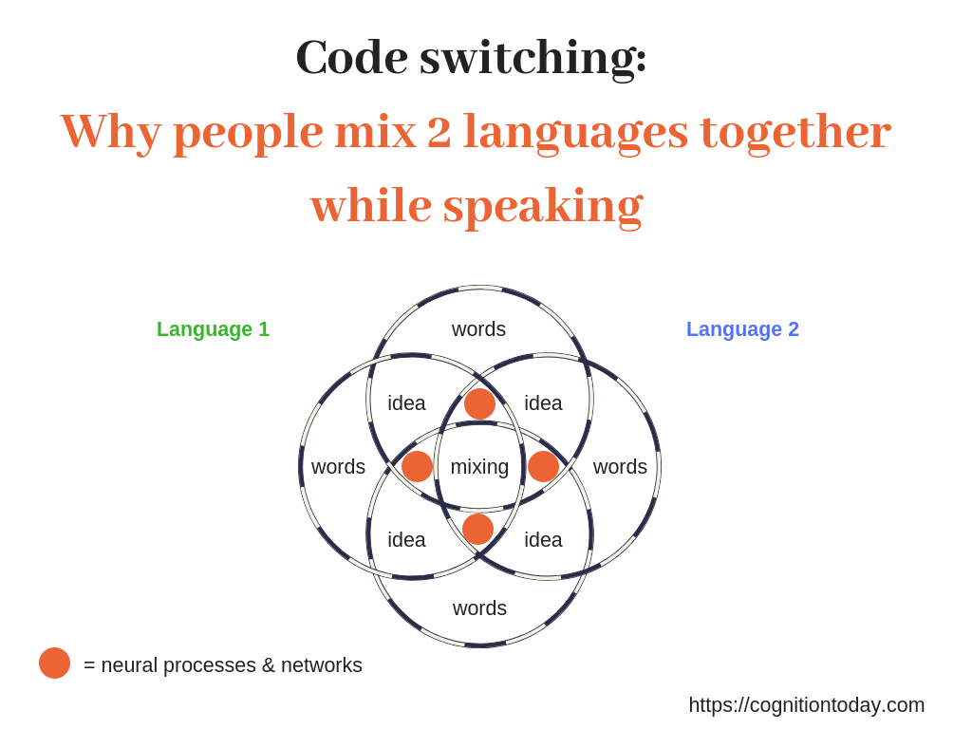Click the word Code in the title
(352, 57)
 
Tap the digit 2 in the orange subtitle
(439, 131)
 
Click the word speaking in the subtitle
(543, 206)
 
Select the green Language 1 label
(213, 329)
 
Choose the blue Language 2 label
(742, 329)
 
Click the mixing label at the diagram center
(479, 467)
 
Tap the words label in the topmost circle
(478, 329)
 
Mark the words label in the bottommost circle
(479, 608)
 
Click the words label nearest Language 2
(620, 467)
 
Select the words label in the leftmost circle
(339, 467)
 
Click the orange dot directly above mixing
(479, 404)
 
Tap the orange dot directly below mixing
(478, 529)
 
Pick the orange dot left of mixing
(418, 466)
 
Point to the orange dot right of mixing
(543, 466)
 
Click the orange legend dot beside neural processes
(54, 664)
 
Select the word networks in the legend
(321, 665)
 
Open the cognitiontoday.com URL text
(807, 705)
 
